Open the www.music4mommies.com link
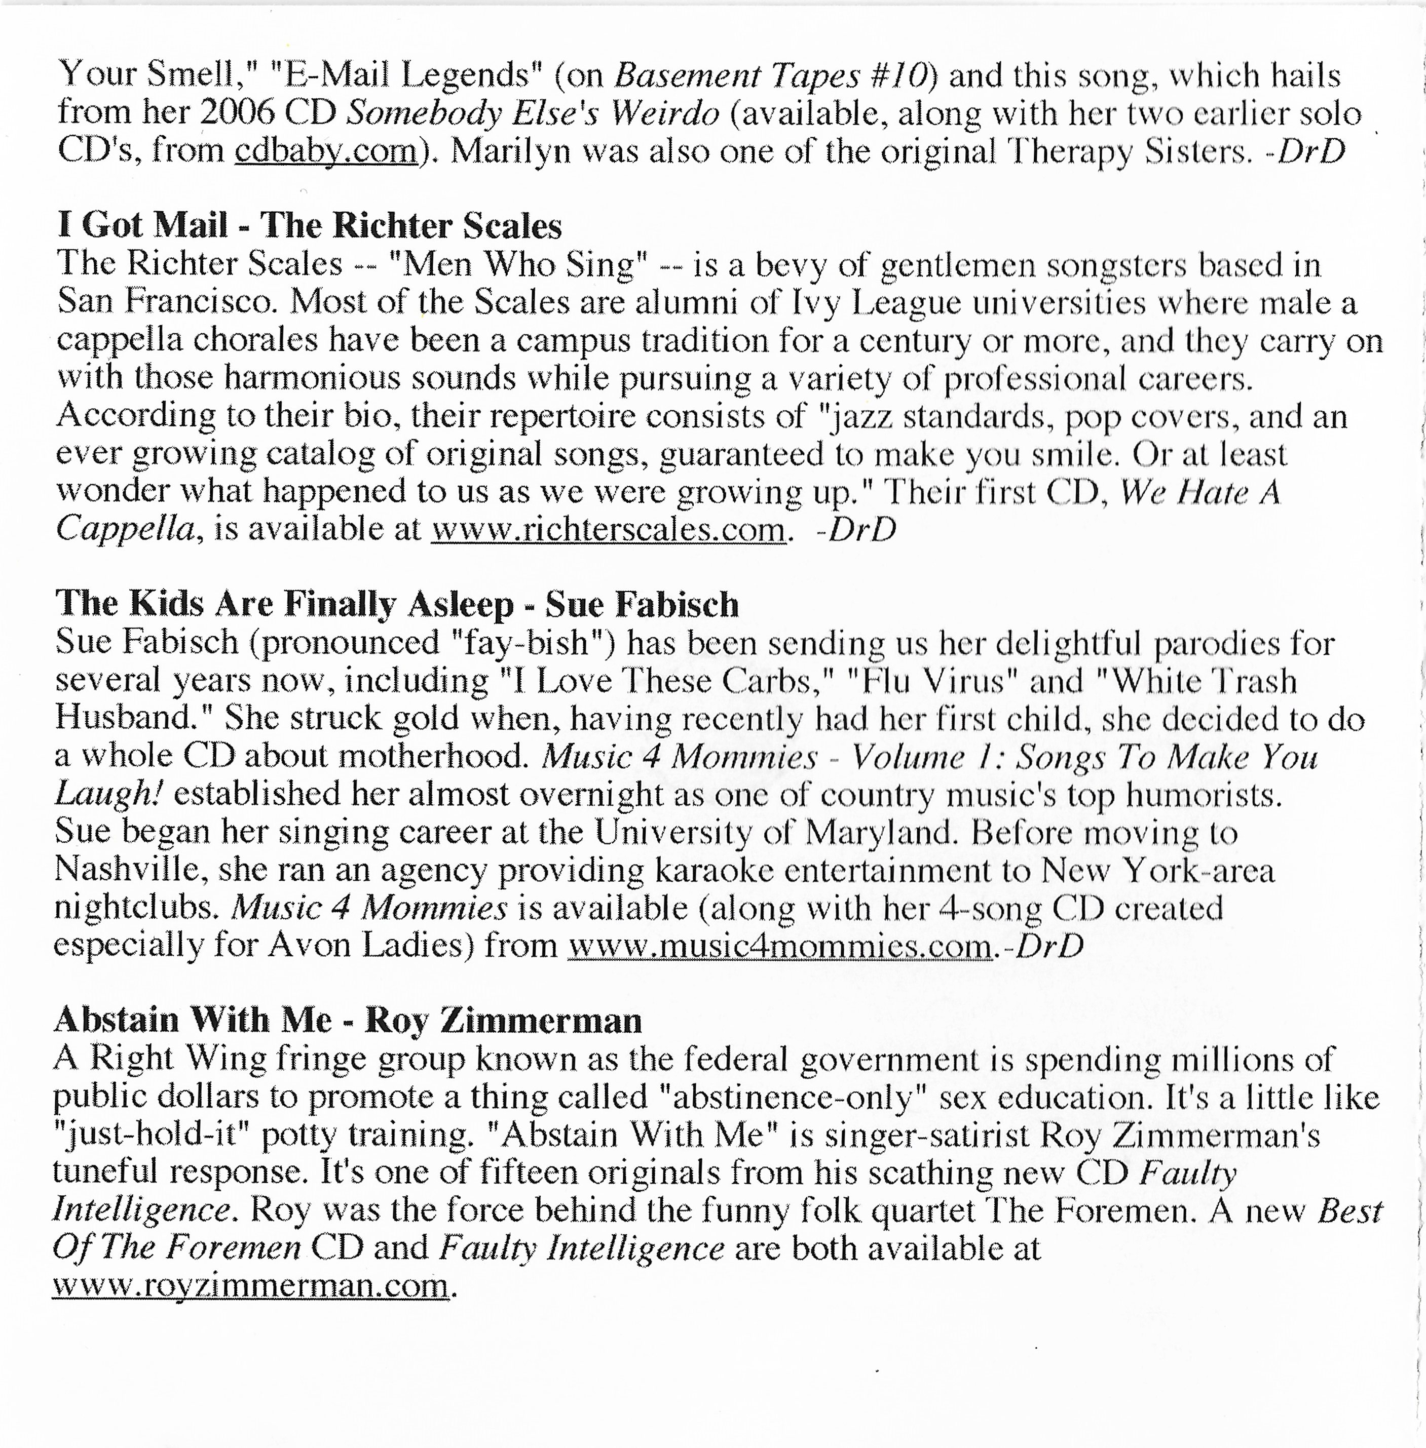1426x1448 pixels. (x=780, y=946)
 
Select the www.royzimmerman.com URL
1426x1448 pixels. (x=250, y=1285)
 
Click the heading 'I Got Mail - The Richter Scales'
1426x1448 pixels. (x=309, y=225)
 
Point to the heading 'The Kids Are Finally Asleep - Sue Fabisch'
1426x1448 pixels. (x=397, y=603)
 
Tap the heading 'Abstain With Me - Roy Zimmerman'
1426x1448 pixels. (x=348, y=1020)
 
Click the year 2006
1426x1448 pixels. (x=238, y=113)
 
